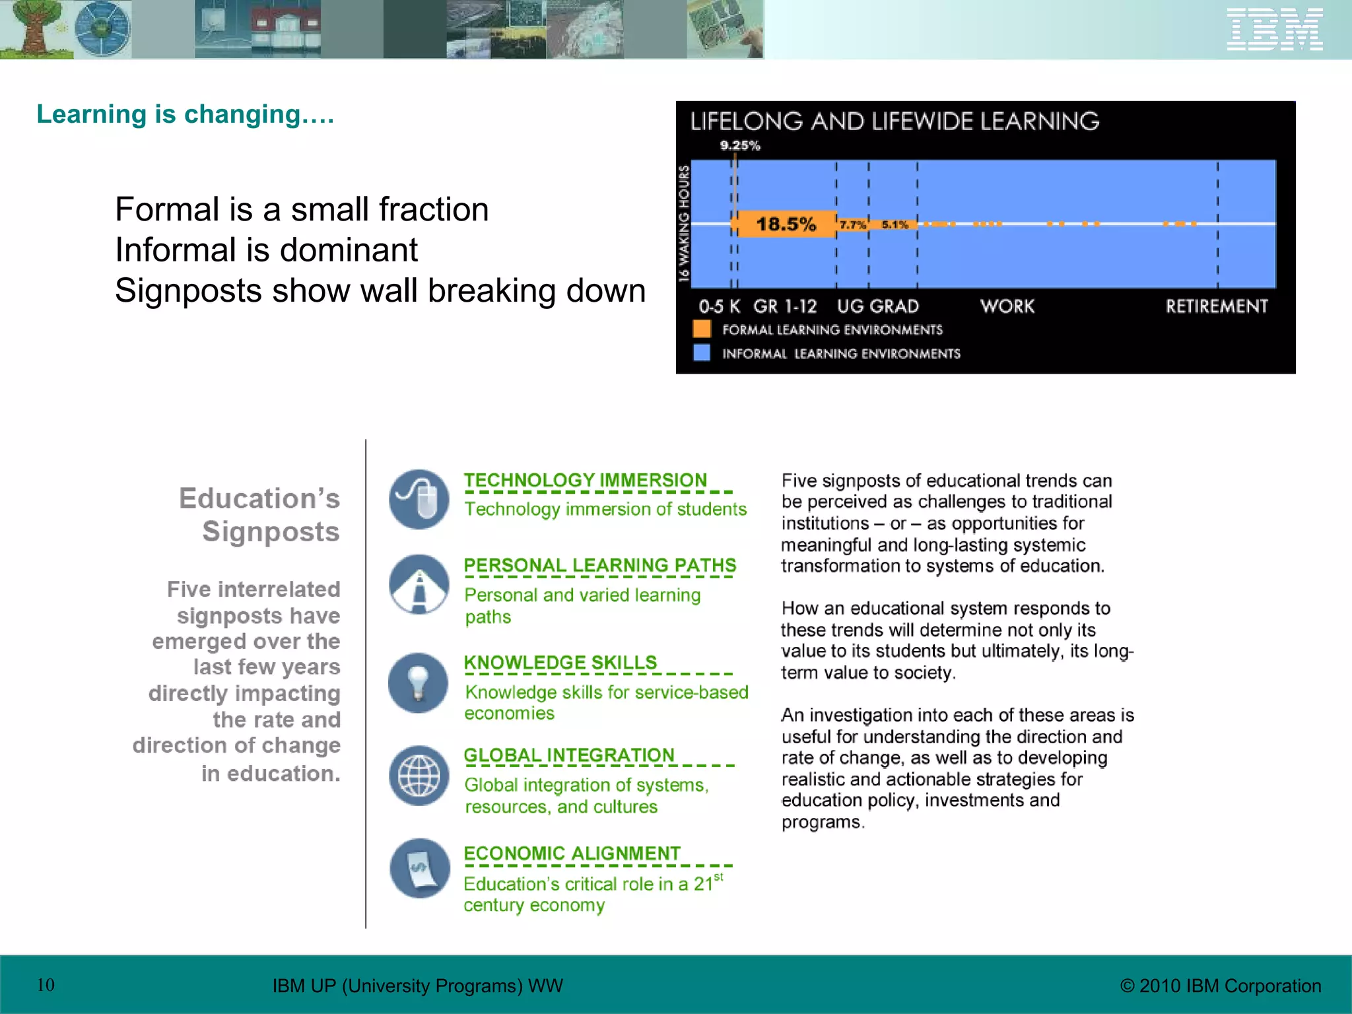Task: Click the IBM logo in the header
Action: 1274,29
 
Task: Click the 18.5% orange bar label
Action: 786,224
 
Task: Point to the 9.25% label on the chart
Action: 740,145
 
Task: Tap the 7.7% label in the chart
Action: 852,225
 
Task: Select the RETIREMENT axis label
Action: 1216,306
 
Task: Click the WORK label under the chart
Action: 1007,306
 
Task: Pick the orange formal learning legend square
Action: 702,329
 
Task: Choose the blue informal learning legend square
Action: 702,353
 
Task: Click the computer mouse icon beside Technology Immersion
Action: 419,499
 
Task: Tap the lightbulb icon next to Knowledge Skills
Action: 419,683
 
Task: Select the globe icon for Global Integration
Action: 419,775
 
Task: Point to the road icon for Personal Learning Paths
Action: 419,584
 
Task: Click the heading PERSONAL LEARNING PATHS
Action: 599,565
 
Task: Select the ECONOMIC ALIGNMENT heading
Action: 572,853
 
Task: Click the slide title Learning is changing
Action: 186,114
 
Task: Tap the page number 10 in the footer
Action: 46,985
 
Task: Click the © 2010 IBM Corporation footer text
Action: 1221,986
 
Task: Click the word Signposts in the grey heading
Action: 271,531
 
